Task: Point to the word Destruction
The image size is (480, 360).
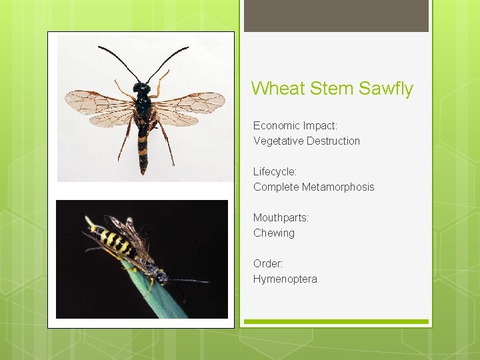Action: pos(333,141)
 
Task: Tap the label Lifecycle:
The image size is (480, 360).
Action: pos(275,171)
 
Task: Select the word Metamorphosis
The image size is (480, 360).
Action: pos(338,187)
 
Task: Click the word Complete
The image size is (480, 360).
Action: pos(276,187)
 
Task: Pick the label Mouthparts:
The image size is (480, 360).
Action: pos(281,217)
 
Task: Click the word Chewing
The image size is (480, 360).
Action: pos(274,233)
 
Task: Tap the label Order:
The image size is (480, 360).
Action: pos(268,263)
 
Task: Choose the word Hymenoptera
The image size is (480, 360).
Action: pos(285,279)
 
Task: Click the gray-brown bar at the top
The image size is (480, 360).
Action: pos(336,16)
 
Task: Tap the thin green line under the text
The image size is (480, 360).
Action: pos(336,321)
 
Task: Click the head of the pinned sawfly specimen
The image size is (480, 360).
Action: pos(141,87)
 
